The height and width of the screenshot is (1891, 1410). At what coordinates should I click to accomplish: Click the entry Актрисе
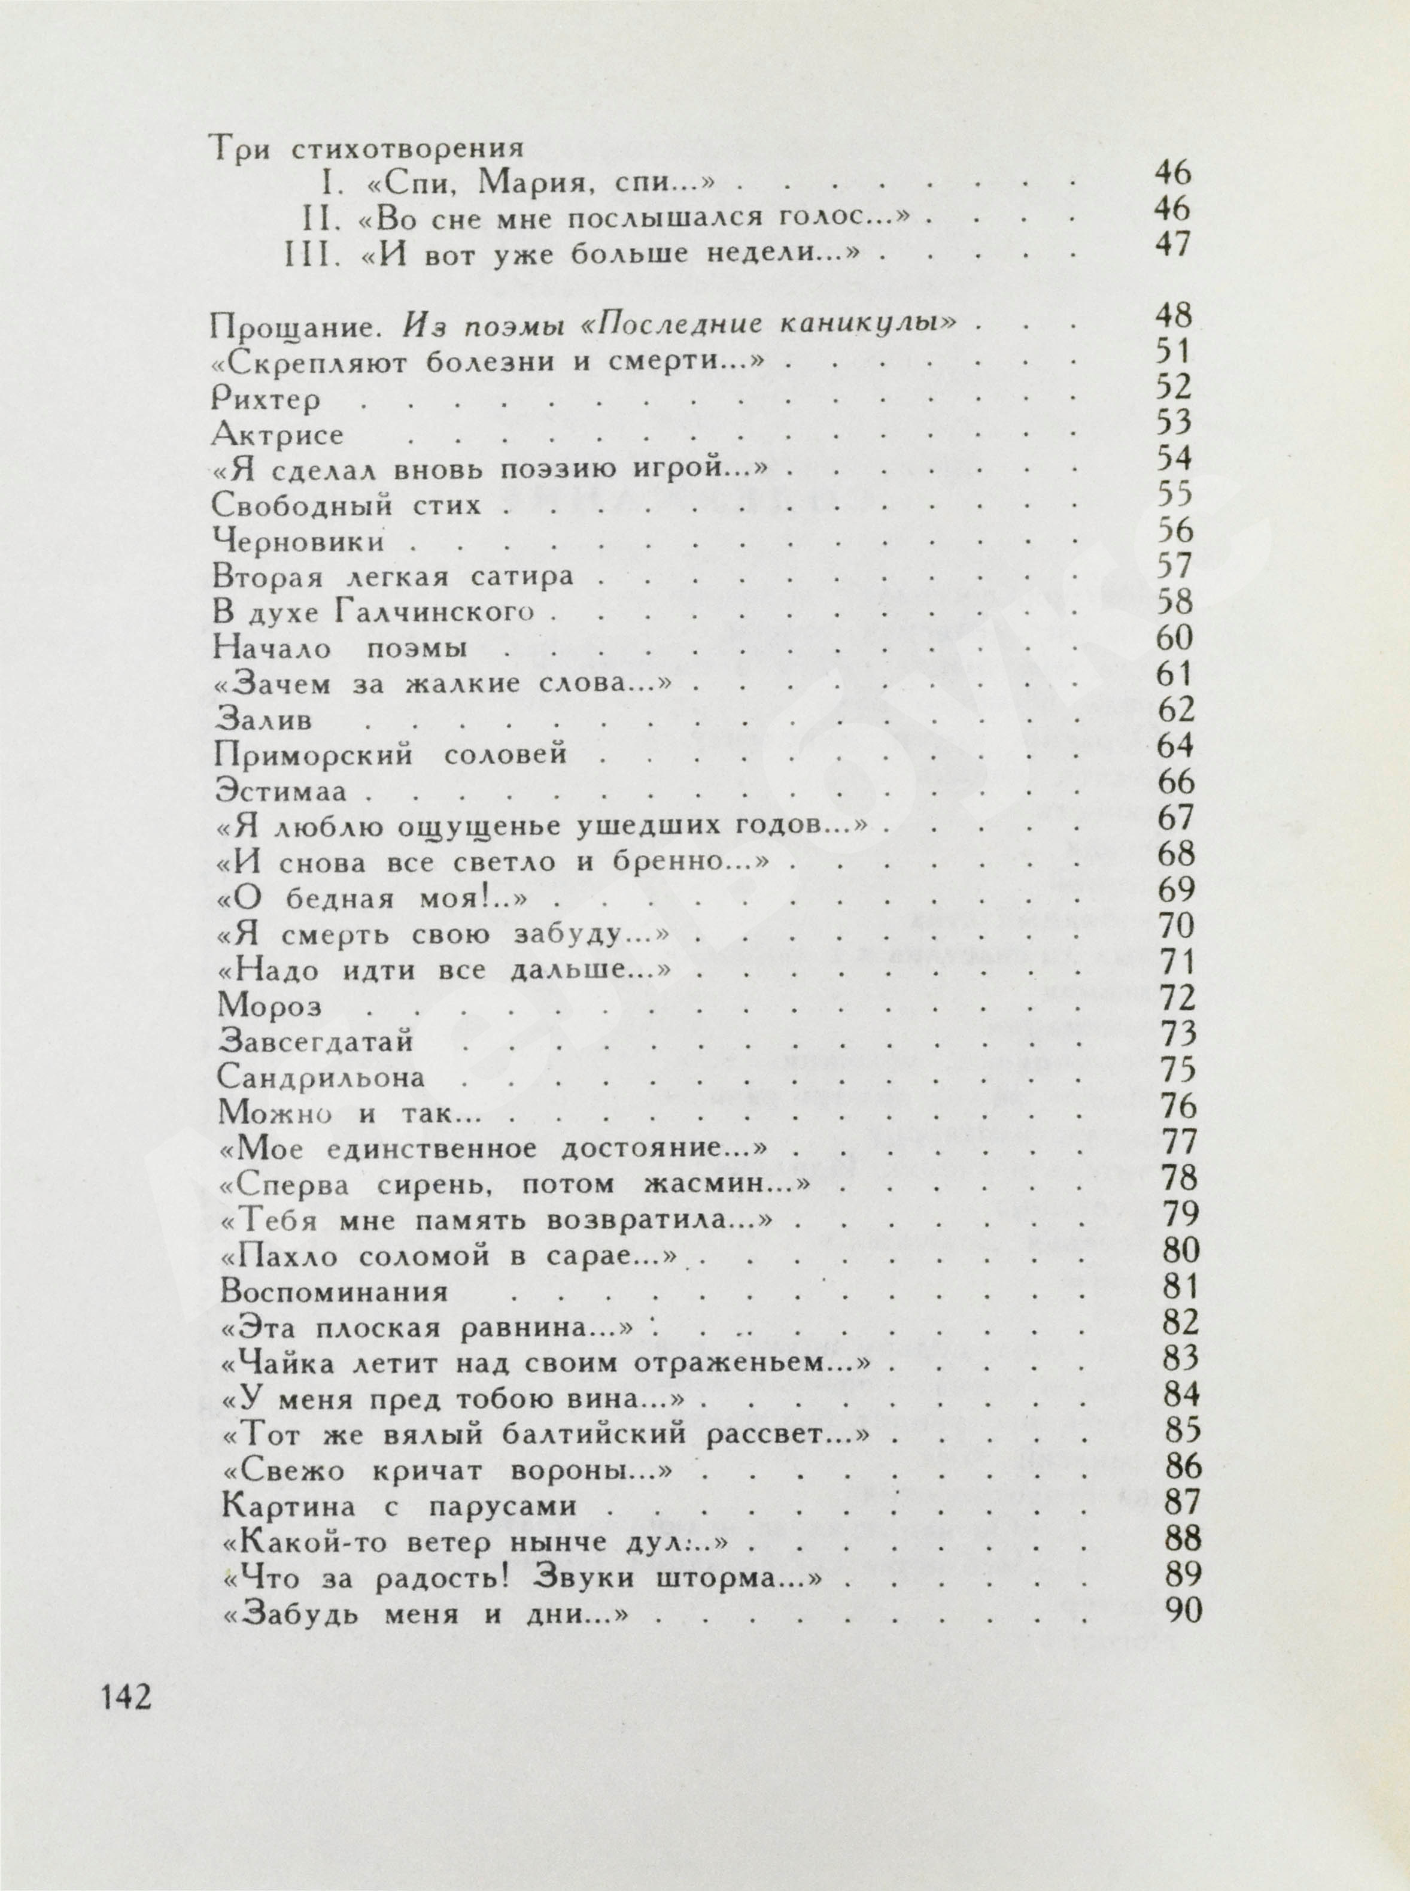click(x=277, y=435)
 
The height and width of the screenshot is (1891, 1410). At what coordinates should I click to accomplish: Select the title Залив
click(x=264, y=720)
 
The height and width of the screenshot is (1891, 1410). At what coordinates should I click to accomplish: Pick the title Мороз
click(x=270, y=1006)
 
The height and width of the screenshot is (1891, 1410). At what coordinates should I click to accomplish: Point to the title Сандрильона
click(x=321, y=1077)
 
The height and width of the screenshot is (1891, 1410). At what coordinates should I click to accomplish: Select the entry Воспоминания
click(x=334, y=1291)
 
